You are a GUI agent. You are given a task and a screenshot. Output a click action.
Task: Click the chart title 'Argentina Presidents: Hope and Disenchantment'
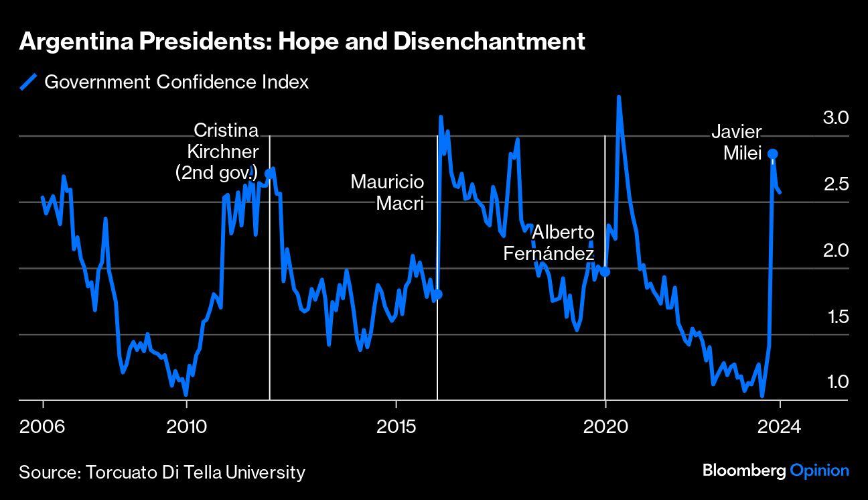302,42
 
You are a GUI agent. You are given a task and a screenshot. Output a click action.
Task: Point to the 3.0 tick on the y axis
836,118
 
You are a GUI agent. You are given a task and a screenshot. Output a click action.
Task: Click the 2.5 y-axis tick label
836,184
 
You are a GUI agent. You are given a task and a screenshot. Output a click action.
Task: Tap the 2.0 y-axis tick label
836,250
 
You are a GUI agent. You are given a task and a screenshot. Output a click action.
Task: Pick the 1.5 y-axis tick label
836,316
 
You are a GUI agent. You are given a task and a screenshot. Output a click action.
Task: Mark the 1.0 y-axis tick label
837,382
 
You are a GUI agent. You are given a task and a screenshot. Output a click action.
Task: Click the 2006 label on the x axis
43,426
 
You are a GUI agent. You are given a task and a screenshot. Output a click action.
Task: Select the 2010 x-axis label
186,426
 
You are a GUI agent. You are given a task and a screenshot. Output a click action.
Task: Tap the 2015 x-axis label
396,426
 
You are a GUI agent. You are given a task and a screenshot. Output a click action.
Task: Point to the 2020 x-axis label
605,426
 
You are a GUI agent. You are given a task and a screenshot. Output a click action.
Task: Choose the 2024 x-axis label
780,426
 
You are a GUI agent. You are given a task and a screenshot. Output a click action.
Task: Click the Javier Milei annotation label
737,143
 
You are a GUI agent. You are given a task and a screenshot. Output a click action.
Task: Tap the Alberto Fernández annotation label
551,243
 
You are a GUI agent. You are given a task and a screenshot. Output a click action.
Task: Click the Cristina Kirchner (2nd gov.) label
217,151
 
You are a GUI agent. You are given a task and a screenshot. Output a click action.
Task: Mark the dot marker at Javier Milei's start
772,154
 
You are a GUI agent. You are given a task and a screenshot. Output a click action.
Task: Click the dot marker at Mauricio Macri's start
438,294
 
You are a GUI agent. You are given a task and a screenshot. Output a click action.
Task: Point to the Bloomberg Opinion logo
776,471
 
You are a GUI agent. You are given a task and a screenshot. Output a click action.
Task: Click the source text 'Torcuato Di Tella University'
195,472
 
